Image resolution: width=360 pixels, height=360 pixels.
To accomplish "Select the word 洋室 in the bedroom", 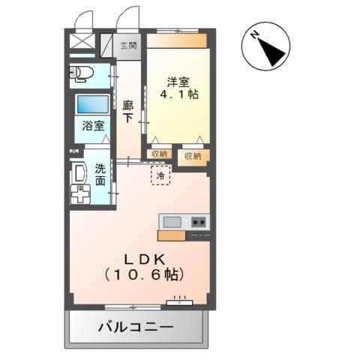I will (176, 82).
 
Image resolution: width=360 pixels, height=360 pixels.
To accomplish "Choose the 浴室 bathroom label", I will (93, 126).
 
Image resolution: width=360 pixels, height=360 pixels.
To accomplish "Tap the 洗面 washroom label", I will (100, 175).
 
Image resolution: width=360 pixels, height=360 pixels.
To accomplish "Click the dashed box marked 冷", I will (161, 175).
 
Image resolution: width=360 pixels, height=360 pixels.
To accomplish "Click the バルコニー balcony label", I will (136, 328).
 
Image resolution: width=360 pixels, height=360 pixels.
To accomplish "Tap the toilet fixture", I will (79, 73).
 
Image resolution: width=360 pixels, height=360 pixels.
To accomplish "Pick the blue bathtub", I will (93, 103).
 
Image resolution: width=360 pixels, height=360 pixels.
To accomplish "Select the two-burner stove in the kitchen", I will (198, 221).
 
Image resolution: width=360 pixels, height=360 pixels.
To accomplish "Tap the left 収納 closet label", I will (158, 154).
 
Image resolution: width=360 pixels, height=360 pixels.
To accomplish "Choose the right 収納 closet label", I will (193, 156).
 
